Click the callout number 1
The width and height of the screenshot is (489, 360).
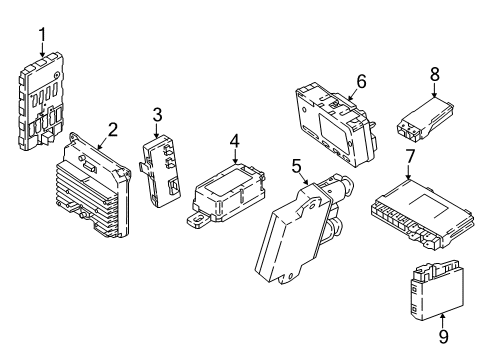tap(42, 38)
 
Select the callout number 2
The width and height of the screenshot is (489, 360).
tap(113, 128)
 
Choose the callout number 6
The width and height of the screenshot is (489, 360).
tap(362, 80)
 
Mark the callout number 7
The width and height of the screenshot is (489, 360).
tap(411, 156)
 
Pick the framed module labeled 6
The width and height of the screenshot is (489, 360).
tap(337, 121)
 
